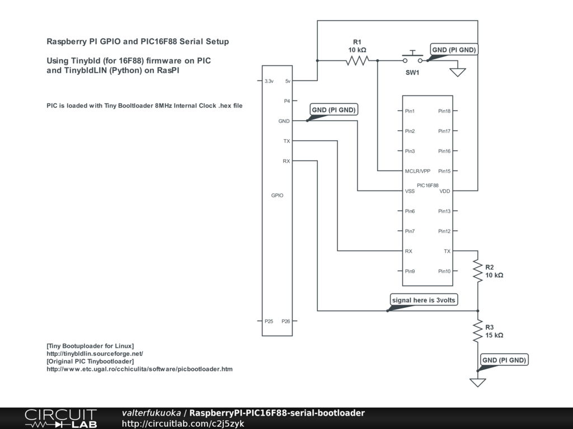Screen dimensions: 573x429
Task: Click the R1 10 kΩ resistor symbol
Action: pyautogui.click(x=357, y=60)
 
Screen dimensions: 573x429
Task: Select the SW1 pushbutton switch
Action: pyautogui.click(x=412, y=58)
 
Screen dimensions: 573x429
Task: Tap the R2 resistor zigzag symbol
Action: pyautogui.click(x=478, y=271)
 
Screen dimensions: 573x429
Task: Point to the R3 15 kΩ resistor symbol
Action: pyautogui.click(x=478, y=331)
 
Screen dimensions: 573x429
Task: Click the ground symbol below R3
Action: pyautogui.click(x=478, y=382)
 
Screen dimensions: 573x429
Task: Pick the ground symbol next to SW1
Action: pyautogui.click(x=458, y=72)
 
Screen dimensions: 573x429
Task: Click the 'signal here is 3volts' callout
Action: pyautogui.click(x=424, y=300)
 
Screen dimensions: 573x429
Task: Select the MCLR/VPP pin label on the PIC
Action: pyautogui.click(x=417, y=171)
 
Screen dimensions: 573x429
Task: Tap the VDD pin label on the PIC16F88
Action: pyautogui.click(x=445, y=191)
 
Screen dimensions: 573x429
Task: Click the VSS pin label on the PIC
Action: pyautogui.click(x=410, y=191)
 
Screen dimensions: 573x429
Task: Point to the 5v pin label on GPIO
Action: pyautogui.click(x=288, y=81)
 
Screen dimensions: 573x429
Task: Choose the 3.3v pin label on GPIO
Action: pyautogui.click(x=269, y=81)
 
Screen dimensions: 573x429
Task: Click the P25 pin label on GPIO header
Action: pyautogui.click(x=269, y=321)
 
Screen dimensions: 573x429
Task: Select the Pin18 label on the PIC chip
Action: pyautogui.click(x=444, y=111)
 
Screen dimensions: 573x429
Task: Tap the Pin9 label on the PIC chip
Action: pyautogui.click(x=410, y=271)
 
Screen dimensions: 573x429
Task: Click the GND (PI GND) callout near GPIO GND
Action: pyautogui.click(x=334, y=110)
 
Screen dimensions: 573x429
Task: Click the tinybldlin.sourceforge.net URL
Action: pyautogui.click(x=95, y=354)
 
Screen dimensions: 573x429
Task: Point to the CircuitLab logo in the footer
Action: pyautogui.click(x=60, y=418)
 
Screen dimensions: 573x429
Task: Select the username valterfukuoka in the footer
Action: pyautogui.click(x=151, y=413)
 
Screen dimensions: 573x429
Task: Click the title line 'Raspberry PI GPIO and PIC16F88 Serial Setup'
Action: pyautogui.click(x=138, y=41)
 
